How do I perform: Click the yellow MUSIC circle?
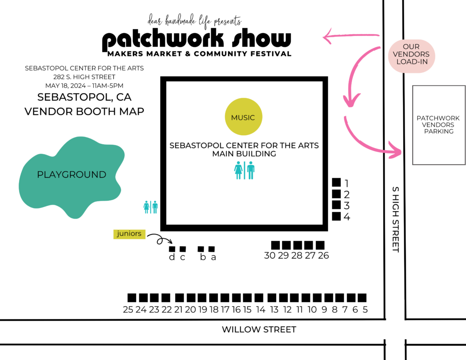[x=243, y=117]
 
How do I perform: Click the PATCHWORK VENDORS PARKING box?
[x=438, y=125]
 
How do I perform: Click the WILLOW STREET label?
[x=259, y=330]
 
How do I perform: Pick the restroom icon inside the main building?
[x=244, y=170]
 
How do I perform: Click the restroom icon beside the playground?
[x=151, y=207]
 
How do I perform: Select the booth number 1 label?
[x=347, y=183]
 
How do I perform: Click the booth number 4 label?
[x=347, y=217]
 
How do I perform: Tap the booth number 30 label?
[x=270, y=256]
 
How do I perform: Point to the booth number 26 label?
[x=324, y=256]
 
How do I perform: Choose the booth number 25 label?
[x=128, y=310]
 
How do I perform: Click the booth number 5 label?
[x=365, y=310]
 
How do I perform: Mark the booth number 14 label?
[x=261, y=310]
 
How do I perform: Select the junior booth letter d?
[x=172, y=257]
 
